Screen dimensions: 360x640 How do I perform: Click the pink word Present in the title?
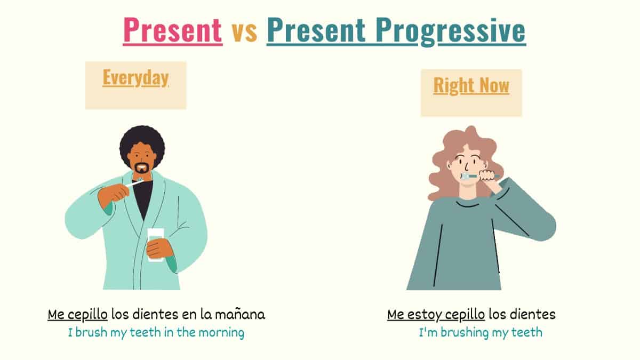(172, 30)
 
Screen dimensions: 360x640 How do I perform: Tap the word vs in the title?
(244, 31)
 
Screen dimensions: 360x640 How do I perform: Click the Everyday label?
(135, 78)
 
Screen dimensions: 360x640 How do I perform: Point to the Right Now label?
(471, 85)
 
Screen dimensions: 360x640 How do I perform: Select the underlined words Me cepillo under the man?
(78, 315)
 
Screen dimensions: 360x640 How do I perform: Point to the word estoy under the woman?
(424, 315)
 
